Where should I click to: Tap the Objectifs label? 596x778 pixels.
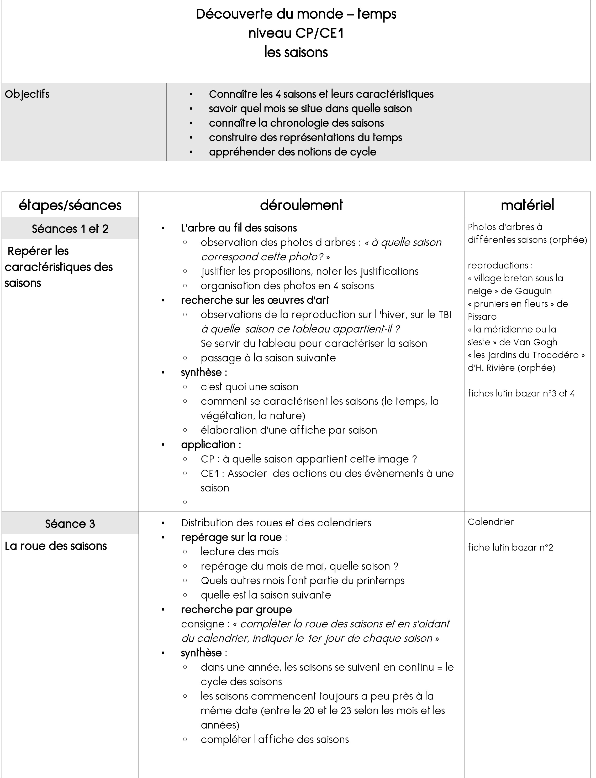pos(27,94)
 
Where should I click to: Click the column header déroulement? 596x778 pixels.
pos(301,205)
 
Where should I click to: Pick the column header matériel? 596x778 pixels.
pos(527,205)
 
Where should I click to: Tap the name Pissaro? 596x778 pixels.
pos(482,317)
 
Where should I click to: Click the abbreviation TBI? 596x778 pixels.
pos(445,315)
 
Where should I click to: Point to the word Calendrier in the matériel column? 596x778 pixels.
pos(491,522)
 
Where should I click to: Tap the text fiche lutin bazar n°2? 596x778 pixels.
pos(510,548)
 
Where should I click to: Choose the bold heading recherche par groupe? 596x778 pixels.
pos(236,609)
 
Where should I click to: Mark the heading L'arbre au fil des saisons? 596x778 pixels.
pos(239,228)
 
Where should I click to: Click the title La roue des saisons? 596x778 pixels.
pos(56,546)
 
